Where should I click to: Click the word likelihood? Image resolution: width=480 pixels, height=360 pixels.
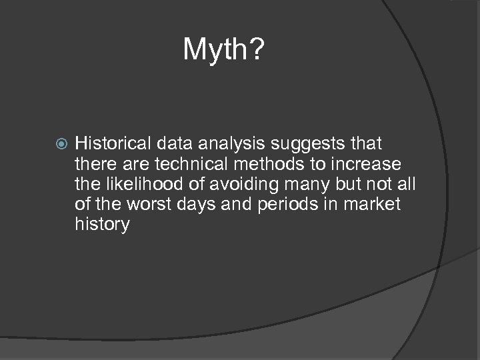[141, 183]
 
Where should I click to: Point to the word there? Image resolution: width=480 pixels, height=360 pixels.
[97, 163]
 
